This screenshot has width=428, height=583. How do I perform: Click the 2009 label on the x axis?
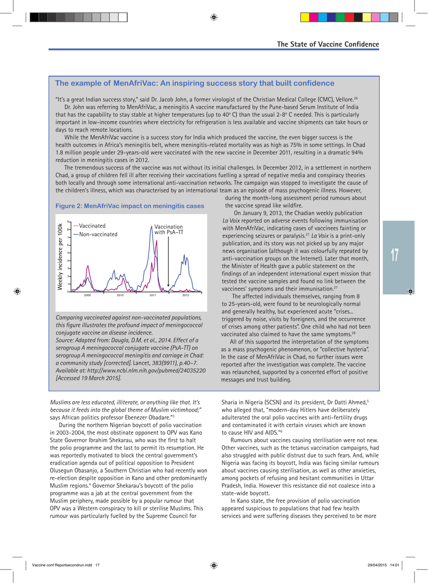(87, 296)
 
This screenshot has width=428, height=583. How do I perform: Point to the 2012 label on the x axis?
(186, 296)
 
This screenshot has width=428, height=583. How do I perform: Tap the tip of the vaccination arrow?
(168, 286)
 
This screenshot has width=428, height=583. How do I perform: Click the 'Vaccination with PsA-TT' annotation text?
(168, 229)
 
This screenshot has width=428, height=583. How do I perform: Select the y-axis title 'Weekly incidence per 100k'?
(59, 256)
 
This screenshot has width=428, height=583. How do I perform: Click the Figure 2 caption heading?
(130, 206)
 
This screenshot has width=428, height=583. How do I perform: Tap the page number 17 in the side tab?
(395, 255)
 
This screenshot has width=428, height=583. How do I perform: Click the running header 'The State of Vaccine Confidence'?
(328, 44)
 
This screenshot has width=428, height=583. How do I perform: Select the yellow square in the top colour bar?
(305, 18)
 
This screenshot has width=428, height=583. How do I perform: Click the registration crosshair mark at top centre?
(214, 18)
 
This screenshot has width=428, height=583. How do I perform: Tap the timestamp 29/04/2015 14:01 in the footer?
(383, 565)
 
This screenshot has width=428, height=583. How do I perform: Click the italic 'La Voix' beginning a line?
(231, 220)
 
